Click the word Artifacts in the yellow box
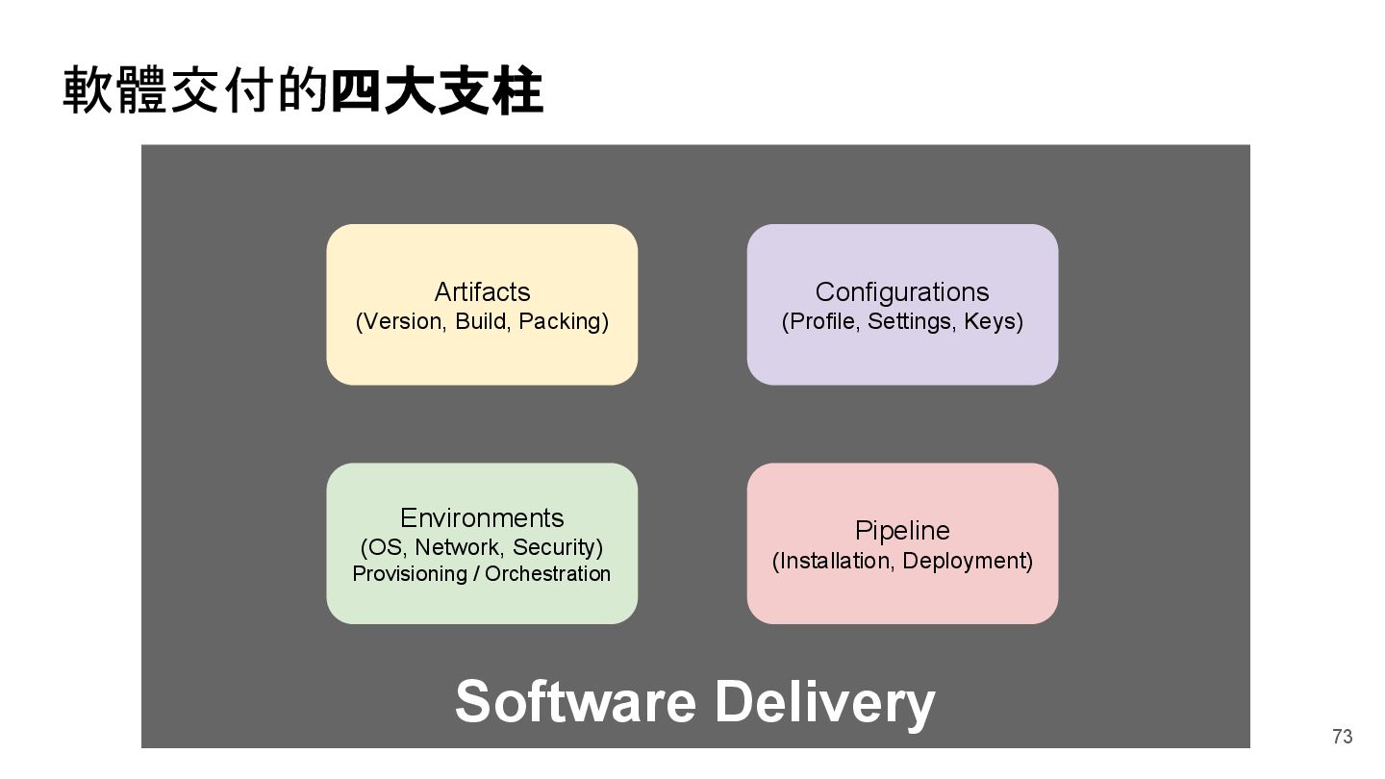coord(482,291)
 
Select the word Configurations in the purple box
coord(901,291)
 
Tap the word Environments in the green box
coord(482,517)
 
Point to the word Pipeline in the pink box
coord(901,530)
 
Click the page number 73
coord(1342,737)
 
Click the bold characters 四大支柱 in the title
coord(437,92)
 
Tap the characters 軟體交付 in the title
coord(170,92)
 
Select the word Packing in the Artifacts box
coord(563,321)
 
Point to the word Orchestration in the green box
coord(547,574)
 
